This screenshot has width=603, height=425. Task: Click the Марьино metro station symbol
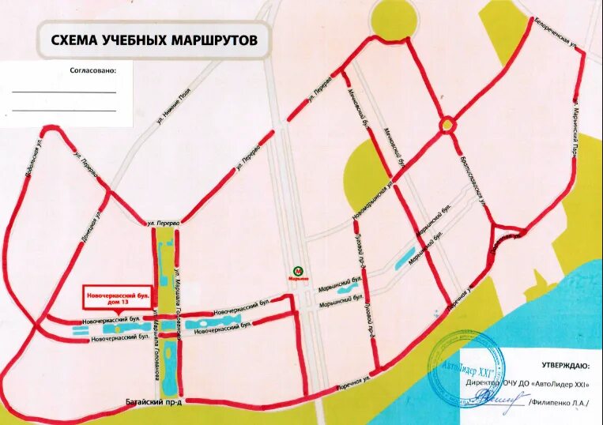(297, 270)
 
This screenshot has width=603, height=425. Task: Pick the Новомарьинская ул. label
(374, 201)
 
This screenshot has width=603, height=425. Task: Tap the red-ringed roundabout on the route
(448, 123)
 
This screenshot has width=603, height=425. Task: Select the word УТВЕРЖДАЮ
(564, 367)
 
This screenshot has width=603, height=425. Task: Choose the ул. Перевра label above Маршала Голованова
(165, 224)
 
